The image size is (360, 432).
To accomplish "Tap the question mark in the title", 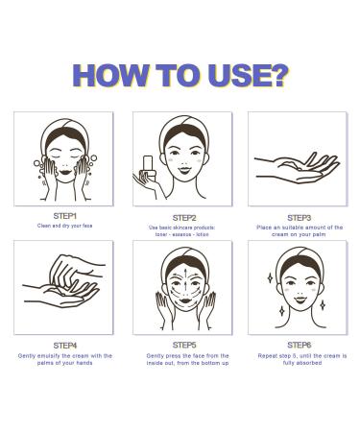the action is pos(279,75).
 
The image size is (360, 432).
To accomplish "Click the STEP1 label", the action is pos(65,216).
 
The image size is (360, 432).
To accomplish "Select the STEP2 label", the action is pos(184,218).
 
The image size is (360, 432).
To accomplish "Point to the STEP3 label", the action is pos(299,218).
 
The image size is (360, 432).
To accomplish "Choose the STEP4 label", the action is pos(65,346).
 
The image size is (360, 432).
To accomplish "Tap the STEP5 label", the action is pos(184,345).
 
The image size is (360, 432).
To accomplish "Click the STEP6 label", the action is pos(299,345).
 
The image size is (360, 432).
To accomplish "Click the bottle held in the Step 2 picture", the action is pos(149,167).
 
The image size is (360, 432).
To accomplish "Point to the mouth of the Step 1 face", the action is pos(65,172).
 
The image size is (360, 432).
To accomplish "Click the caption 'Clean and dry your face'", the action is pos(64,226).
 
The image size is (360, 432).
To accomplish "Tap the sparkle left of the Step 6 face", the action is pos(270,277).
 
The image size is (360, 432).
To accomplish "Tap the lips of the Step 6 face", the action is pos(300,300).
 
